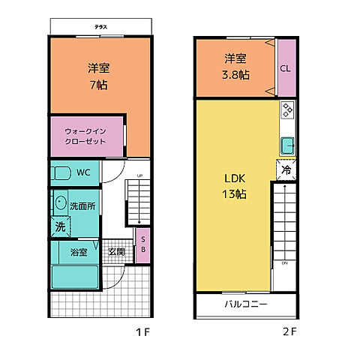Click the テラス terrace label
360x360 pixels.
(100, 27)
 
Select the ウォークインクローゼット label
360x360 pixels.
(85, 136)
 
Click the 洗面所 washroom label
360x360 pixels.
(82, 205)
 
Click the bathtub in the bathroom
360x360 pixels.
(75, 276)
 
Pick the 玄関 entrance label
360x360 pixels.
(115, 252)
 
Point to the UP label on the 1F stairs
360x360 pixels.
(139, 176)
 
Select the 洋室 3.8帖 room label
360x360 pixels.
(236, 67)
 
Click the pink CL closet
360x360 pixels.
(285, 68)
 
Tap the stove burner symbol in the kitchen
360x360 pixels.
(287, 112)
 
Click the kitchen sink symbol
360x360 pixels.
(287, 144)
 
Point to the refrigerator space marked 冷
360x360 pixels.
(286, 170)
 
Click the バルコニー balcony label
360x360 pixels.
(246, 304)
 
